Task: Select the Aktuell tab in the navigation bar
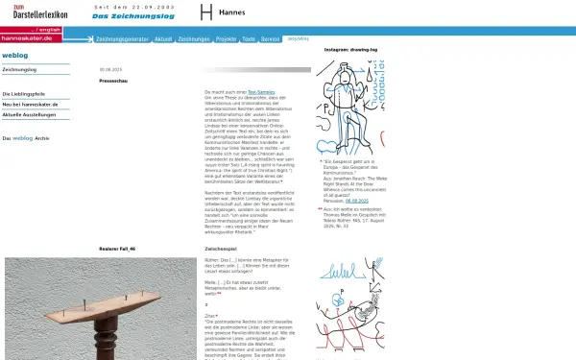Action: point(162,39)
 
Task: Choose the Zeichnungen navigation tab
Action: point(193,39)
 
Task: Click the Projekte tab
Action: point(227,39)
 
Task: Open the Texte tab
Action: point(249,39)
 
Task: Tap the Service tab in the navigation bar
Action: point(270,39)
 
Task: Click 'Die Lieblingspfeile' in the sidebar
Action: point(24,93)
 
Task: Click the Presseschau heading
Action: point(112,81)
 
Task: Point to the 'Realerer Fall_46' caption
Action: point(117,249)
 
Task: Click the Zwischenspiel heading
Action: point(221,249)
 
